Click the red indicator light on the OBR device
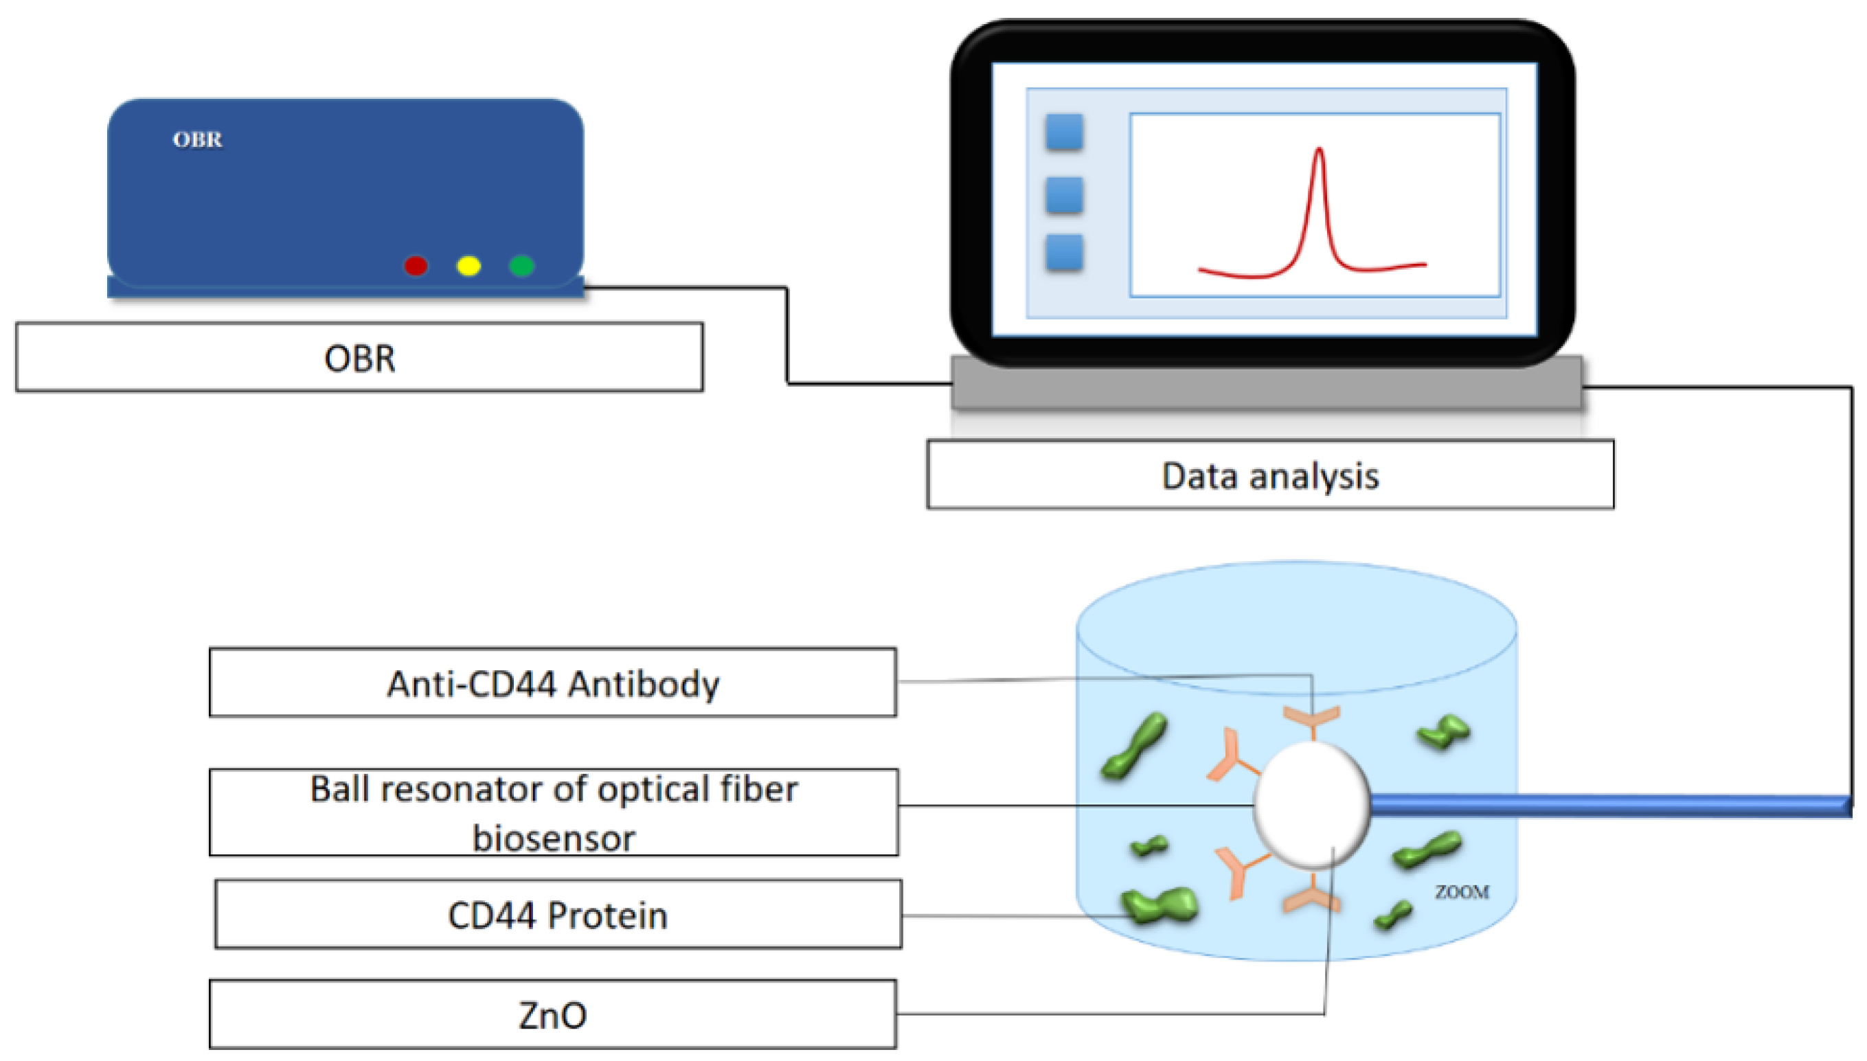pos(416,266)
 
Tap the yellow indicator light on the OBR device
pos(468,266)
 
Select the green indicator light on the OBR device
pos(522,266)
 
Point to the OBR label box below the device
pos(359,358)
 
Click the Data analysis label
pos(1269,475)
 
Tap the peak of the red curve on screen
pos(1319,151)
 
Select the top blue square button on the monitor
pos(1064,133)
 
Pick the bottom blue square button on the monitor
pos(1064,253)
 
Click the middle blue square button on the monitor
pos(1064,194)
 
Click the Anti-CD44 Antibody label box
pos(552,683)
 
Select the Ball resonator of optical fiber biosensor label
pos(554,812)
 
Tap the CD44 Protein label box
pos(558,915)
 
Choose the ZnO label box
pos(552,1014)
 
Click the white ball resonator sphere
pos(1312,806)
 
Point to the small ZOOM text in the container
pos(1462,892)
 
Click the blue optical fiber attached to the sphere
pos(1603,806)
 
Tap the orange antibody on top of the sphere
pos(1311,718)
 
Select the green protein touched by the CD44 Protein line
pos(1159,906)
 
